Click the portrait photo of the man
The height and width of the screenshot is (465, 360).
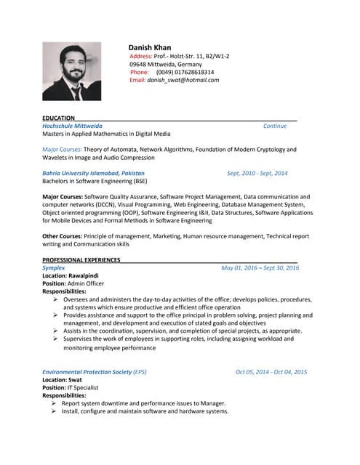coord(72,70)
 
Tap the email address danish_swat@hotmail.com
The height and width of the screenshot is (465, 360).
coord(183,80)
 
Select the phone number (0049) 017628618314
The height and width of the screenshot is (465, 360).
coord(185,72)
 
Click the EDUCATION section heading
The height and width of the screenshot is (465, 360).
coord(58,118)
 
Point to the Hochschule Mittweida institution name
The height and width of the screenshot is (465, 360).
coord(72,126)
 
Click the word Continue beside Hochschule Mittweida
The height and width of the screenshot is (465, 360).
coord(274,126)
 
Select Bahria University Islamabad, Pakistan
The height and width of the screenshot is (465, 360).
coord(93,174)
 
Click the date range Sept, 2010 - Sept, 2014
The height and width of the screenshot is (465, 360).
coord(257,174)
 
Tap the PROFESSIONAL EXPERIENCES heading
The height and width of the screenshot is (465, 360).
coord(81,260)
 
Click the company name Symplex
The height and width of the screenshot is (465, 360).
coord(54,268)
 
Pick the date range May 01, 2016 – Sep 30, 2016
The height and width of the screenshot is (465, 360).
coord(260,268)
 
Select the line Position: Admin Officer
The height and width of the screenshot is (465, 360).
coord(73,284)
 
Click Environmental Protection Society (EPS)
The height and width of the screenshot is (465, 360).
coord(94,372)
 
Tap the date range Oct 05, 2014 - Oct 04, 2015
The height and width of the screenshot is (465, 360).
coord(271,372)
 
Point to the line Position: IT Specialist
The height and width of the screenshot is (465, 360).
coord(70,388)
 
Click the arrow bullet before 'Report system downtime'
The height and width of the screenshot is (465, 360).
coord(54,403)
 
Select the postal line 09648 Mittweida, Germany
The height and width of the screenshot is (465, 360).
coord(167,64)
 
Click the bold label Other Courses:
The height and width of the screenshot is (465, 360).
coord(63,237)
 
